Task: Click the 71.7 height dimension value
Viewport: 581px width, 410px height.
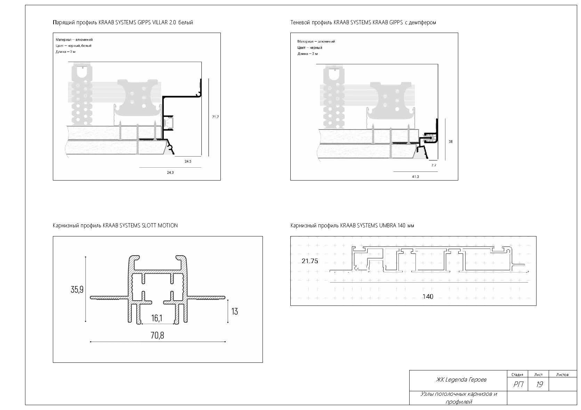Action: point(215,117)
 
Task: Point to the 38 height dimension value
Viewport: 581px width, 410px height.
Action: point(451,142)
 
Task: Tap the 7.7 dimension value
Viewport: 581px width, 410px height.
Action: point(434,165)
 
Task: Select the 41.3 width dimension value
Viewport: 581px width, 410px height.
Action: point(415,177)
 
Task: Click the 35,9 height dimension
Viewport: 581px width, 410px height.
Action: point(77,290)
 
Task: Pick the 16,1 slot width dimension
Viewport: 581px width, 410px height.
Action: point(157,318)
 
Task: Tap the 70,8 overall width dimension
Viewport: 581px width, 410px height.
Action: point(158,335)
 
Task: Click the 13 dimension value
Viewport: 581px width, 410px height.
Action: point(235,311)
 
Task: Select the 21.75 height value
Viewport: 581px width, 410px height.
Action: point(310,261)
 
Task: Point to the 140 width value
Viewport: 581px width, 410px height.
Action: point(428,296)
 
